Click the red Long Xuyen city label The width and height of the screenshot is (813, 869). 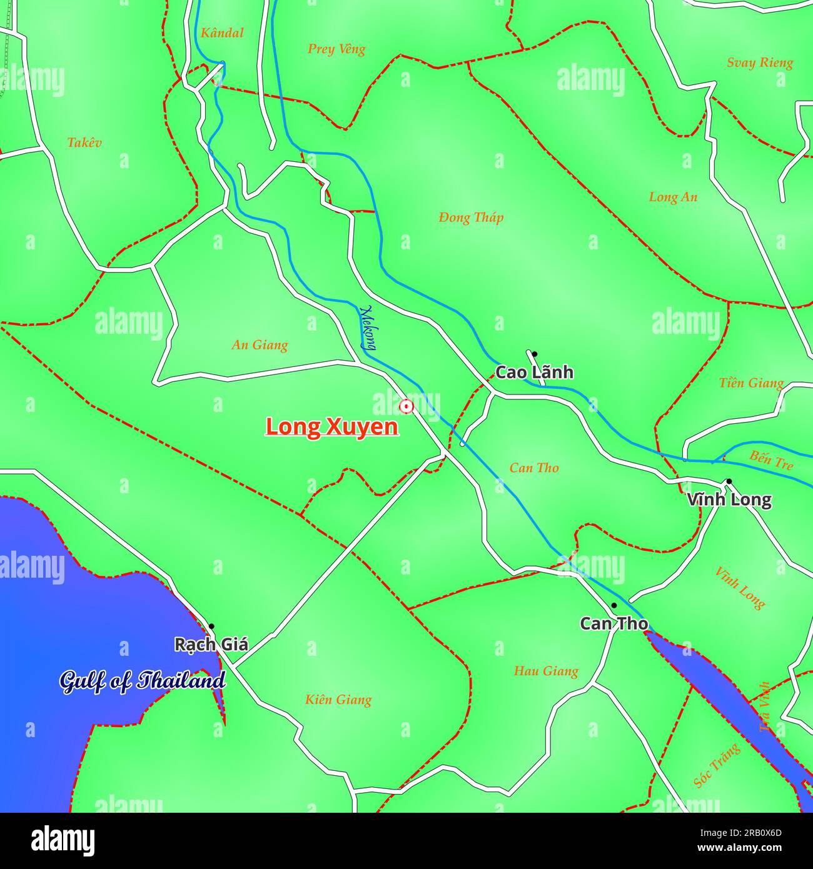point(332,427)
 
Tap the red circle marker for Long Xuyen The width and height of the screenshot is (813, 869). point(406,407)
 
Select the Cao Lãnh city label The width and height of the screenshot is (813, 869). point(534,373)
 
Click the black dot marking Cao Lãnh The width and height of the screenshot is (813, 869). point(534,354)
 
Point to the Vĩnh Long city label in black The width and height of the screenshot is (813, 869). point(729,500)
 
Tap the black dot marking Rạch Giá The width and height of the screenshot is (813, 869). point(211,626)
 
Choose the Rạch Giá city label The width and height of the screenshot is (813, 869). point(211,645)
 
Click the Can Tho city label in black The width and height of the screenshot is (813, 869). point(614,624)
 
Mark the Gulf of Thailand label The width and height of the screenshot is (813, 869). point(143,681)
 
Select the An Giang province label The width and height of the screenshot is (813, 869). point(260,345)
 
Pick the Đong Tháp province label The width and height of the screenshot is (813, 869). point(471,218)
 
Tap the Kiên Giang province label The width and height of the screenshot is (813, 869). point(338,700)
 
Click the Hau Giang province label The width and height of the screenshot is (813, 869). point(546,671)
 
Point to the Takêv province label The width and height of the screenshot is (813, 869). point(84,143)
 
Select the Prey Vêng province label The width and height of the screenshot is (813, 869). point(336,49)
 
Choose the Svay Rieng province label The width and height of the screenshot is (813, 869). point(760,63)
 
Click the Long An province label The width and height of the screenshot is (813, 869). point(673,197)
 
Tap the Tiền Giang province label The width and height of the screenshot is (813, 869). point(751,383)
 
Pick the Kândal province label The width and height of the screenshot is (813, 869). point(222,33)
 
